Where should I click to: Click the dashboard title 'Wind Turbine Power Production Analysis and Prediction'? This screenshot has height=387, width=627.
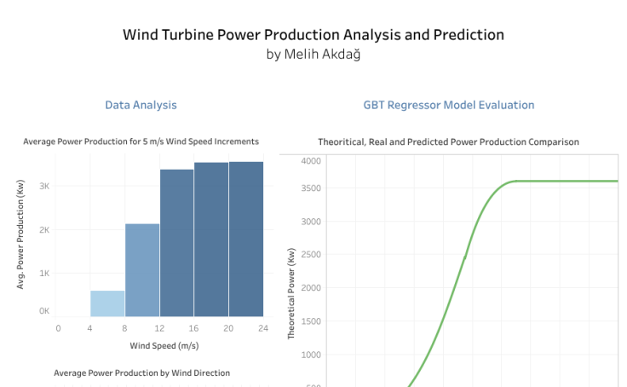pos(313,35)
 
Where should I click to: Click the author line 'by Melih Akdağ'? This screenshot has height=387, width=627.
pos(313,54)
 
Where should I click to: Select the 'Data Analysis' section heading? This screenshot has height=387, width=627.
pos(141,105)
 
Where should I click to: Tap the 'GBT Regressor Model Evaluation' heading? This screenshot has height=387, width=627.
pos(449,105)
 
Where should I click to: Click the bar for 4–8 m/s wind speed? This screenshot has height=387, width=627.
pos(108,303)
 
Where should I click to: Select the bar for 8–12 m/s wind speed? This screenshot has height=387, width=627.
pos(142,270)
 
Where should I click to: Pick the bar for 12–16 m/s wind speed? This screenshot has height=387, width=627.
pos(176,243)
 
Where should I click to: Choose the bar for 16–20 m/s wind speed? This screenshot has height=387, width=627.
pos(211,240)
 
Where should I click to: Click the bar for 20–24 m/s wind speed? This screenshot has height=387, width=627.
pos(246,239)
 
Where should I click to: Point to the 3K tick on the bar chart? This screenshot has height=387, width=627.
pos(44,186)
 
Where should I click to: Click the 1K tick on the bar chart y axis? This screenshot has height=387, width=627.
pos(44,273)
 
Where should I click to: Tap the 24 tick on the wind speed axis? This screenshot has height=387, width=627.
pos(263,327)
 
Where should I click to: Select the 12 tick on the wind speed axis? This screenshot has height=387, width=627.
pos(160,327)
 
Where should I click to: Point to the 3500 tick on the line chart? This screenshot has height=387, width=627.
pos(309,188)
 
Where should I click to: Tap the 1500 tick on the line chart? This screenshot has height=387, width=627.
pos(309,321)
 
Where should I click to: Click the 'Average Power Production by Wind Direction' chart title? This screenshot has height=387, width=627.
pos(141,373)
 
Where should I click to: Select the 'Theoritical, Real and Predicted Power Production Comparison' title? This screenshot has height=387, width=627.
pos(448,142)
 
